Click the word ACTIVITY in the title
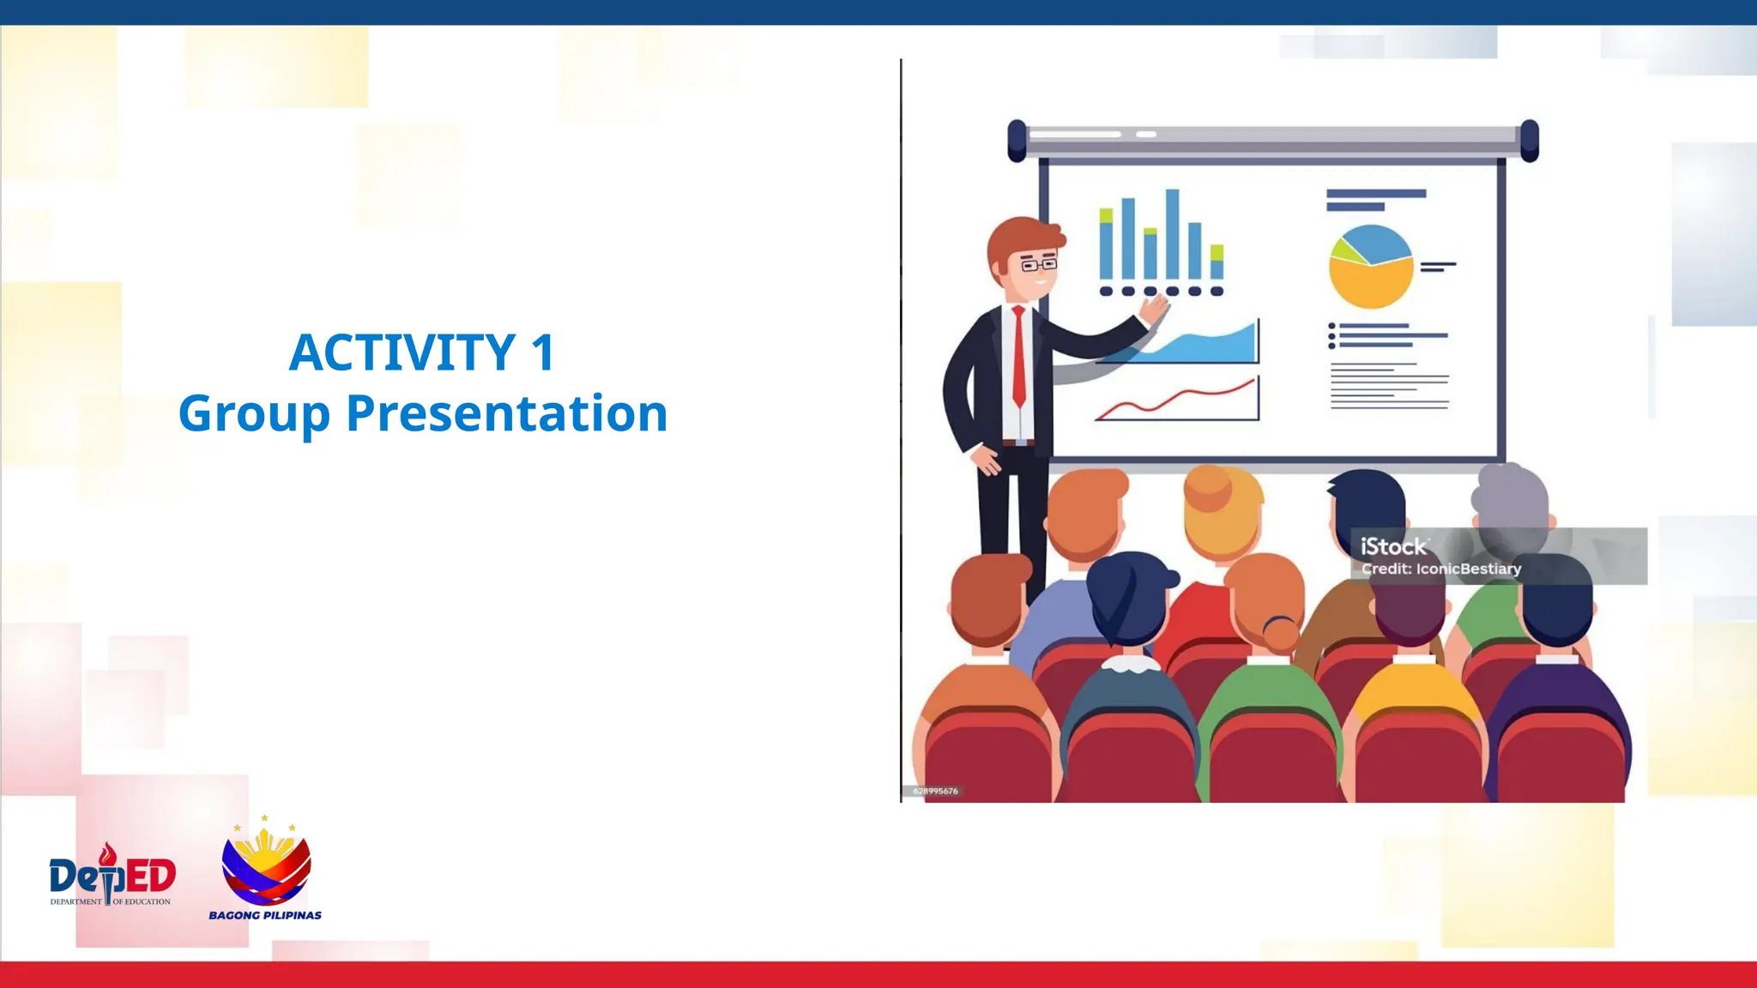(402, 352)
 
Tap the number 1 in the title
(543, 352)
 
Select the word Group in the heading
(254, 414)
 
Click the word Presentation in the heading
(506, 414)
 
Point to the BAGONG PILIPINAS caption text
(265, 915)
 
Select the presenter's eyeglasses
(1038, 264)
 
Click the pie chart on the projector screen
(1370, 267)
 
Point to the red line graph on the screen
(1177, 401)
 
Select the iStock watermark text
(1393, 546)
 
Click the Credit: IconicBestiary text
(1441, 569)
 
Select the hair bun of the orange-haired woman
(1280, 633)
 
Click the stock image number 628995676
(935, 791)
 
